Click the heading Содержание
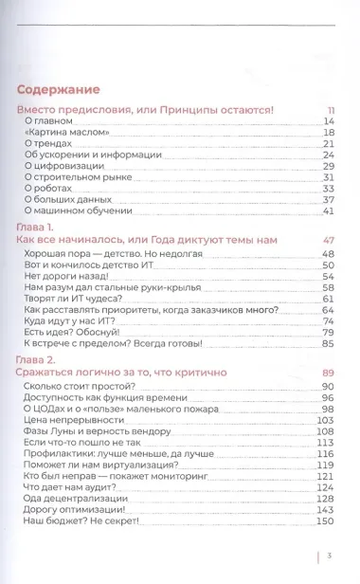(x=59, y=90)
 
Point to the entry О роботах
(x=48, y=188)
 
